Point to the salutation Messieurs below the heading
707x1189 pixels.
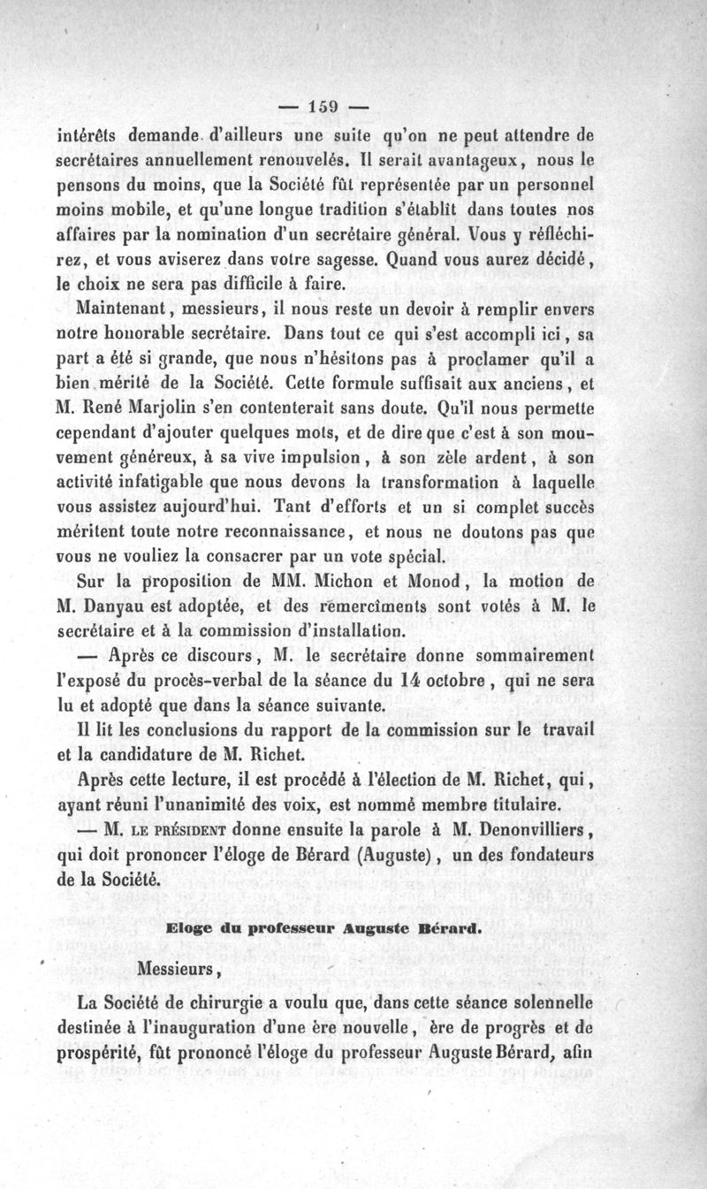click(179, 968)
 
